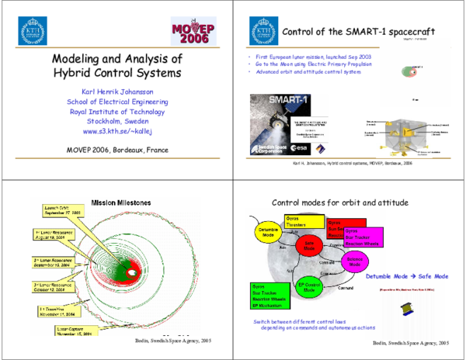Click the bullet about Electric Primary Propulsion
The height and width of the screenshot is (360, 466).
[311, 65]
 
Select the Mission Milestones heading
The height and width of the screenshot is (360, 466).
[123, 202]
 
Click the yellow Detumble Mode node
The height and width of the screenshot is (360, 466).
[267, 230]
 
